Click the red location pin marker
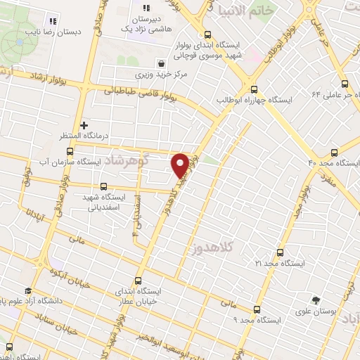[180, 165]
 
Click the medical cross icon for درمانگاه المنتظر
[84, 124]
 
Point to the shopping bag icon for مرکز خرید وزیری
[162, 62]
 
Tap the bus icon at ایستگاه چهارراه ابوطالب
[255, 89]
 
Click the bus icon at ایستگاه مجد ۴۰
[335, 152]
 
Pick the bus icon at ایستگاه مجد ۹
[255, 309]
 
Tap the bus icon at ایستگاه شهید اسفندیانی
[104, 187]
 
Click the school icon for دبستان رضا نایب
[51, 19]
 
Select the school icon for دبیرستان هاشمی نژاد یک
[148, 8]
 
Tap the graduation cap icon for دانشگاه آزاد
[27, 291]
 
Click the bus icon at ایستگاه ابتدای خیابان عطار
[139, 280]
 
